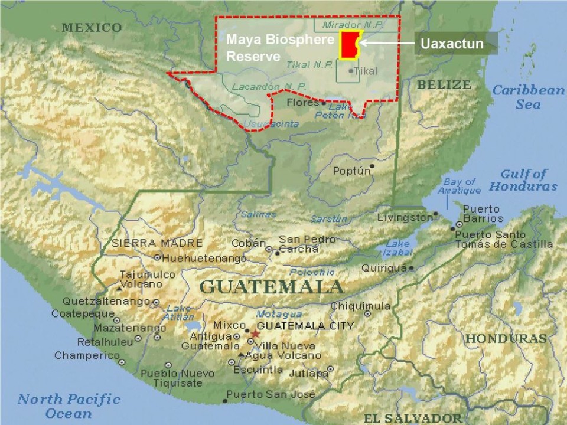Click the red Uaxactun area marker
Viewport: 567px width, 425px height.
[x=349, y=45]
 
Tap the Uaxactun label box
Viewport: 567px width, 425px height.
[x=452, y=44]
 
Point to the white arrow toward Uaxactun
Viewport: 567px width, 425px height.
[x=387, y=42]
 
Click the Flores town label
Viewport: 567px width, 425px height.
[x=302, y=103]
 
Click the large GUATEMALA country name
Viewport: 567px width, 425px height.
[x=271, y=287]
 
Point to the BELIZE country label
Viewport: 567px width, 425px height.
[x=444, y=85]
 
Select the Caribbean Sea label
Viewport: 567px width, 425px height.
[x=528, y=97]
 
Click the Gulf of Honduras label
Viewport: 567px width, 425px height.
[x=523, y=180]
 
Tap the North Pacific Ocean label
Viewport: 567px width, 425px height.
[x=69, y=406]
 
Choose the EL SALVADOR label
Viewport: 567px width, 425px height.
[x=412, y=418]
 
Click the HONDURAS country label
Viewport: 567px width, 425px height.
[x=505, y=339]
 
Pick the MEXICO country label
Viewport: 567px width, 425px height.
[x=92, y=28]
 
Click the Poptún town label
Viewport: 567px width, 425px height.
[x=352, y=171]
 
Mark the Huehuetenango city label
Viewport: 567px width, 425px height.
[x=204, y=259]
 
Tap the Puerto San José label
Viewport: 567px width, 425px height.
[x=271, y=394]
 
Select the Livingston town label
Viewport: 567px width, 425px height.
[x=405, y=218]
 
